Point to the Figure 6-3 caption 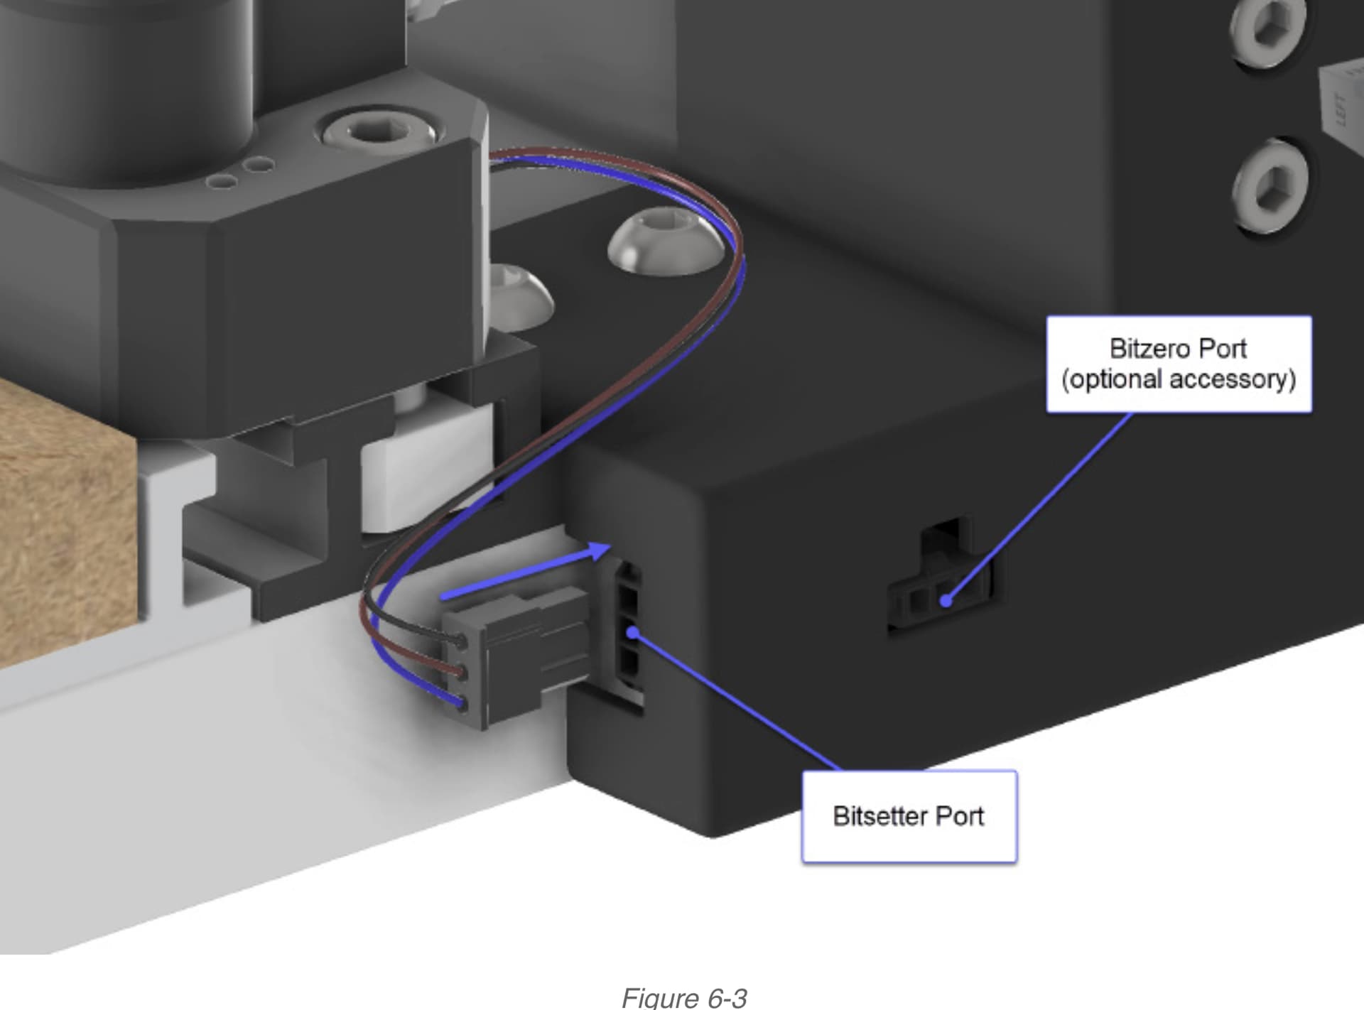(684, 997)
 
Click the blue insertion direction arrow (526, 570)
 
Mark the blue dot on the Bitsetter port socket (633, 631)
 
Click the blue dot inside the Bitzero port (946, 601)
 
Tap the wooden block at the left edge (67, 522)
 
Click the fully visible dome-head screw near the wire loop (666, 242)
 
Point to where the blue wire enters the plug (462, 704)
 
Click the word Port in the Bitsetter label (960, 816)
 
